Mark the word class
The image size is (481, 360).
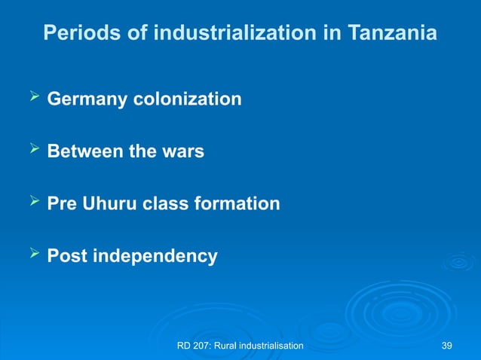(171, 204)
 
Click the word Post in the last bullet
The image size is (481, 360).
(66, 256)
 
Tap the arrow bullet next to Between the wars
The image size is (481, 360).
(31, 150)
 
